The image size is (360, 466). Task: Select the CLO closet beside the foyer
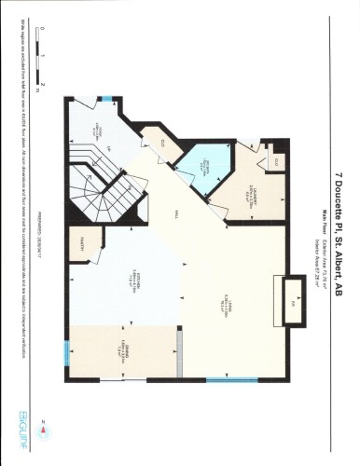click(159, 142)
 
